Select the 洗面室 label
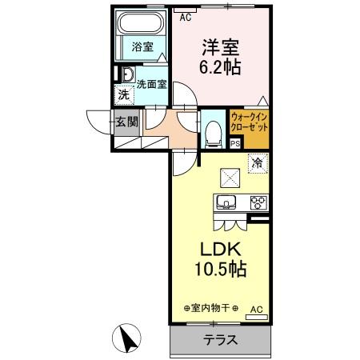(x=151, y=83)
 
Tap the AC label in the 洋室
(x=186, y=15)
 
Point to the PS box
(x=235, y=144)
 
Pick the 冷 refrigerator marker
(x=258, y=164)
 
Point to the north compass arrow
(x=126, y=338)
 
